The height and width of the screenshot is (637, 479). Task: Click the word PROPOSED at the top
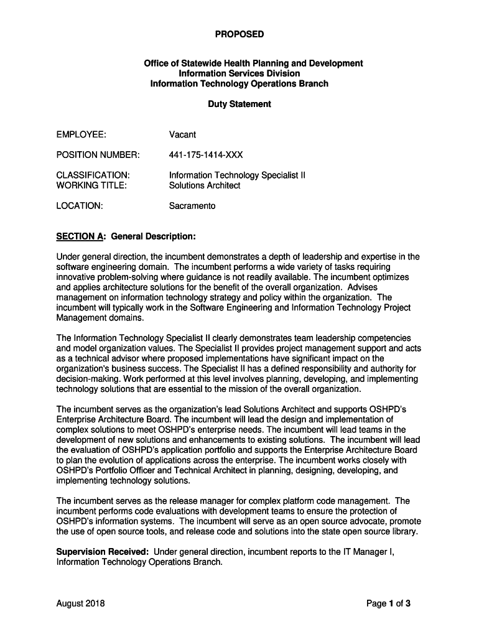coord(239,34)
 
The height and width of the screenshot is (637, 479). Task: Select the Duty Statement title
coord(239,104)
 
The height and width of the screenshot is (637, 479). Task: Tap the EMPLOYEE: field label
coord(81,134)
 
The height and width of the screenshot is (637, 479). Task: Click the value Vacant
coord(182,134)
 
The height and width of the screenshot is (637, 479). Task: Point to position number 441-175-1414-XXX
coord(205,154)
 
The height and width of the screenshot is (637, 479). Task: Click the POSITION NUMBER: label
coord(98,154)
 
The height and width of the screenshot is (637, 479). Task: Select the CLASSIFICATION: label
coord(93,175)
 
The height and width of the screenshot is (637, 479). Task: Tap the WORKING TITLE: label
coord(91,185)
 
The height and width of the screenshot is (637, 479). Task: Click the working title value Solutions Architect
coord(204,185)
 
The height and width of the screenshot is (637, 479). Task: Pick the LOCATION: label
coord(79,205)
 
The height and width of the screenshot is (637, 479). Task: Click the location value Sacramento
coord(192,205)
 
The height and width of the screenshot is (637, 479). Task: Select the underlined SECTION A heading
coord(80,236)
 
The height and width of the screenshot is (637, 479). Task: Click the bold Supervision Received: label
coord(102,551)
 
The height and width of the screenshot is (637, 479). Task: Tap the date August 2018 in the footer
coord(80,603)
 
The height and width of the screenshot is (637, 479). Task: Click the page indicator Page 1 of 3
coord(388,603)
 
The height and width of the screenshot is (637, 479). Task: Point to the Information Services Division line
coord(239,73)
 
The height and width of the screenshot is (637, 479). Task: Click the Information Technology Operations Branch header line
coord(239,83)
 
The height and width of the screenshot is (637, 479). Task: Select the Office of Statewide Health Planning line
coord(253,63)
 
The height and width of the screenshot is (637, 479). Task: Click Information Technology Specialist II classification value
coord(237,175)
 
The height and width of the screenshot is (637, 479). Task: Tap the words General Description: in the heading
coord(153,236)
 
